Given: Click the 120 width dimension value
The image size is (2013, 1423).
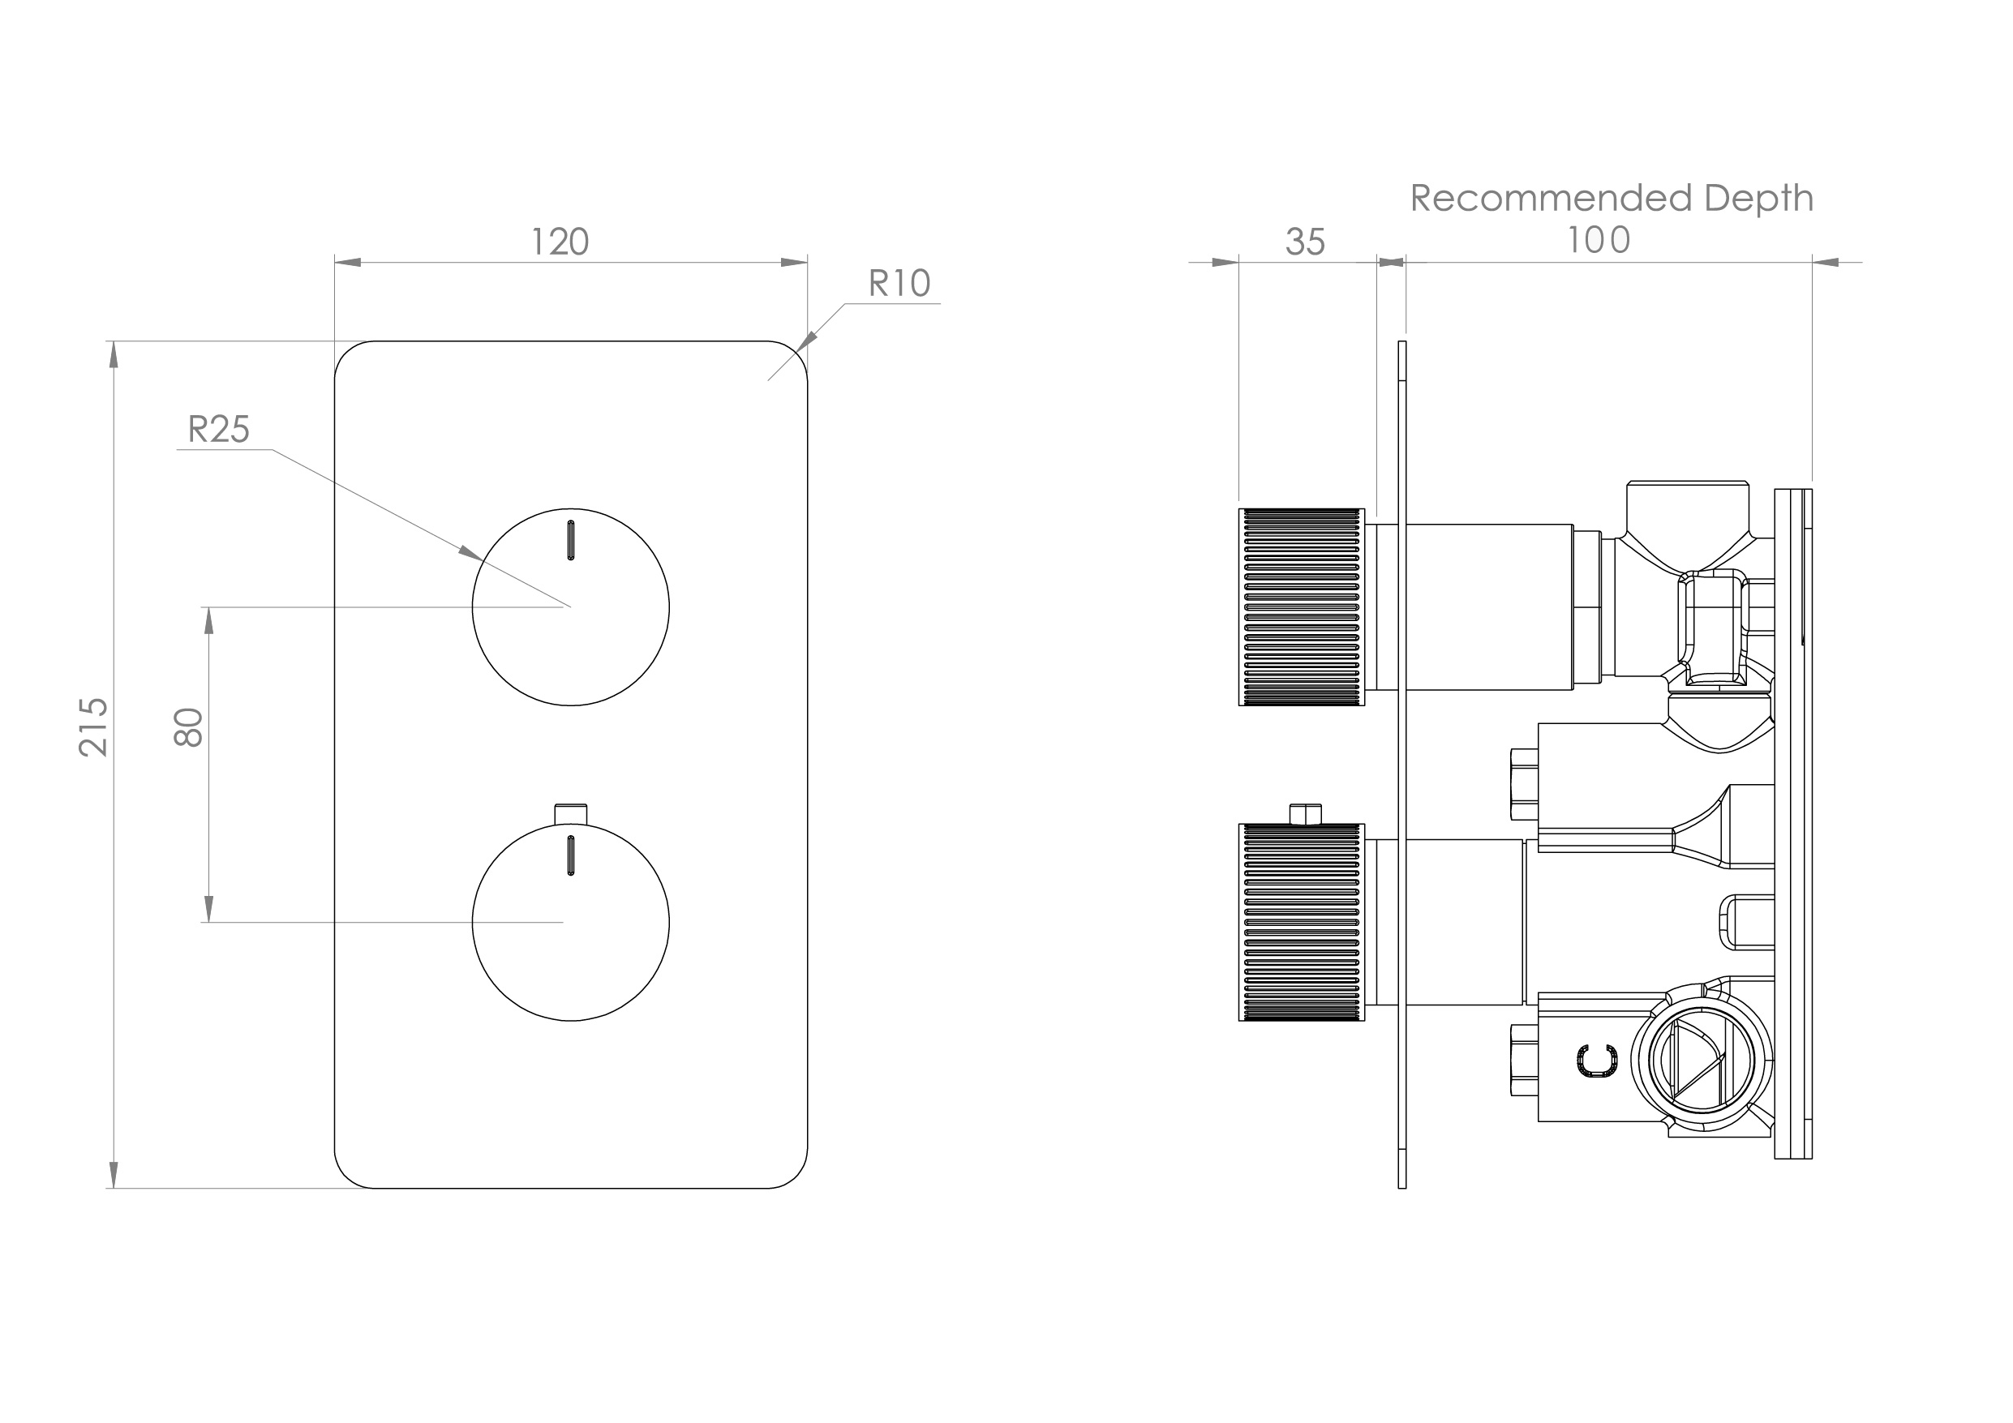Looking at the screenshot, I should (560, 241).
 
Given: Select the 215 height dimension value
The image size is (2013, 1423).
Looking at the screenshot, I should (94, 727).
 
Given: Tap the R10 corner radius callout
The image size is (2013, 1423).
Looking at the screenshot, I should (899, 283).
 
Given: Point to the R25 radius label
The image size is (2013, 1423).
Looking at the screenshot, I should (218, 430).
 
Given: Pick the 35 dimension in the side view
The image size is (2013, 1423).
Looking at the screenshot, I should (1305, 242).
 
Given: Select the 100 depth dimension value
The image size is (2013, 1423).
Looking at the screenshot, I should (1599, 240).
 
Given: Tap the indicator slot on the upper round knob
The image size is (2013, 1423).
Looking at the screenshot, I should (571, 540).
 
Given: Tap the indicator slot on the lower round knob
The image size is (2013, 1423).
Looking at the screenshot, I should (571, 855).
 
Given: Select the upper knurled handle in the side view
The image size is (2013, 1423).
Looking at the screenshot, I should (1301, 606).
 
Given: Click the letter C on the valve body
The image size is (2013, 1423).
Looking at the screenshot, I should (1597, 1061).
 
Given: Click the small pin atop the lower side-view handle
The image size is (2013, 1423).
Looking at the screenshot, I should (1307, 813).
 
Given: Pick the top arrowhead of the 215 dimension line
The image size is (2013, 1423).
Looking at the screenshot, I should (113, 354).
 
